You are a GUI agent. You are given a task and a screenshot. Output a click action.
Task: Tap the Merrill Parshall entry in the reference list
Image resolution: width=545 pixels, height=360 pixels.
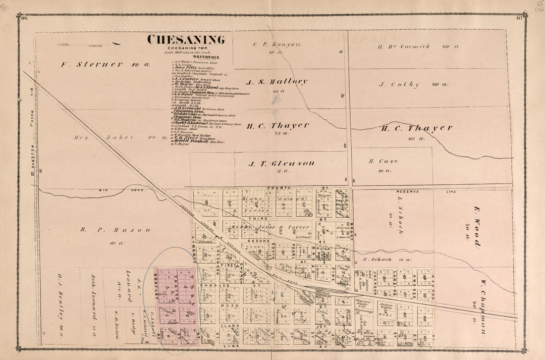pos(192,142)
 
